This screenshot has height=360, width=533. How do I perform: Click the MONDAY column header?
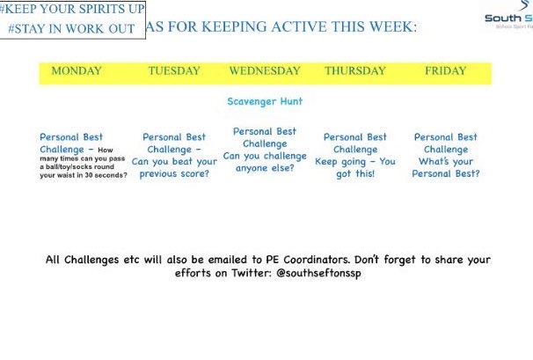point(77,70)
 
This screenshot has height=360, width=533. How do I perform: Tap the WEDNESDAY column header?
point(266,70)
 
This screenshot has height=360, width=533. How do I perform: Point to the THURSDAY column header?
point(355,70)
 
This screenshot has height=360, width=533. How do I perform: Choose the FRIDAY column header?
point(446,70)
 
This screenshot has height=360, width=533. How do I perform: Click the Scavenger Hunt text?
point(265,101)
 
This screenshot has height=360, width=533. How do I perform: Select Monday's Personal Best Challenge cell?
point(84,155)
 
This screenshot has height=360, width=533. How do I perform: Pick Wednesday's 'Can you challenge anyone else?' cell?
point(265,150)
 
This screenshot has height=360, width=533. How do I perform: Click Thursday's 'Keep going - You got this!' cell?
point(355,155)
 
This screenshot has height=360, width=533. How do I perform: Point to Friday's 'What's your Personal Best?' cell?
point(446,155)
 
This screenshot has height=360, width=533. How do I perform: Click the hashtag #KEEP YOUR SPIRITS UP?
point(73,10)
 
